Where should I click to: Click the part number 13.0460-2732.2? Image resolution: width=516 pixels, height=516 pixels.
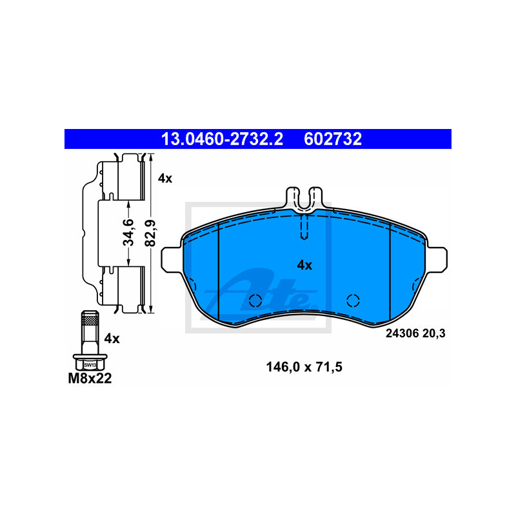tap(222, 139)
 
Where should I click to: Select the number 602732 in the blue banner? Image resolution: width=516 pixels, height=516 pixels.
tap(333, 139)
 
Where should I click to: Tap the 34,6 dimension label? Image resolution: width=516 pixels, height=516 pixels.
tap(128, 232)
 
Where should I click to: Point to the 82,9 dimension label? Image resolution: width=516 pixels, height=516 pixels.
tap(150, 233)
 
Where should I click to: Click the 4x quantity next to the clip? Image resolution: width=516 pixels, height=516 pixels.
tap(165, 179)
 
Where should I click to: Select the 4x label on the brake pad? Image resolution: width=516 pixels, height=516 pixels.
tap(304, 265)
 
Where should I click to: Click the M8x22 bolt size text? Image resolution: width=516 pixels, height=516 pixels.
tap(90, 379)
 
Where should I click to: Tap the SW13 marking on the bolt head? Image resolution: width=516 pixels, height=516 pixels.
tap(90, 365)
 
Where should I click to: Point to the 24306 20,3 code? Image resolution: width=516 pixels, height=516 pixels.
tap(415, 333)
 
